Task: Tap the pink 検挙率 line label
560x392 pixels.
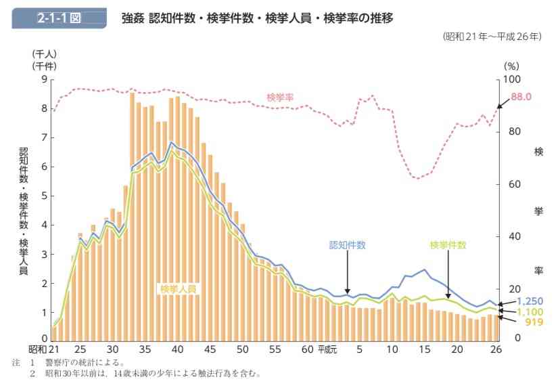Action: pos(280,97)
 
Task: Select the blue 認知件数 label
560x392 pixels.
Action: pos(347,245)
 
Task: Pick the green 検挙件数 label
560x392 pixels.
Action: pos(448,245)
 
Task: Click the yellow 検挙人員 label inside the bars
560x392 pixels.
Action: pos(178,289)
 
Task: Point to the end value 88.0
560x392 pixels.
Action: pos(521,97)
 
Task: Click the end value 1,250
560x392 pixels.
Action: pos(530,301)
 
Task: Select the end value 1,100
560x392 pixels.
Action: pos(530,311)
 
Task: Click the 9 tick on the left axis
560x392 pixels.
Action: pos(44,79)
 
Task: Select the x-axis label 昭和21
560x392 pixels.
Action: pos(42,350)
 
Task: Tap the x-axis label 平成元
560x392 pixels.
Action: pos(327,350)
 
